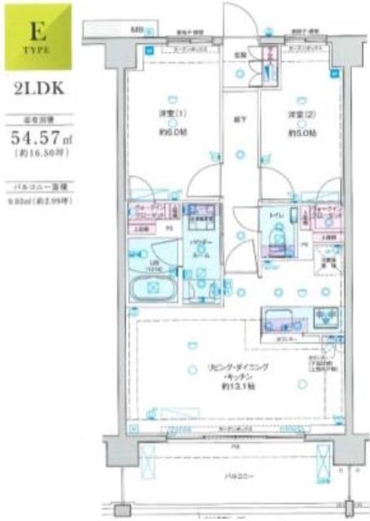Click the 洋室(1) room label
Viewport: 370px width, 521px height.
170,113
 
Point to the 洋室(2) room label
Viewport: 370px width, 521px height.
297,113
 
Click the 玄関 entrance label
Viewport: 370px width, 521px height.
240,55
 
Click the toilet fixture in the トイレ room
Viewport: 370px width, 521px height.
275,233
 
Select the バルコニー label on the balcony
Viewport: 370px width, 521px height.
238,476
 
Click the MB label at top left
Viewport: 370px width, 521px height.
137,30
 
